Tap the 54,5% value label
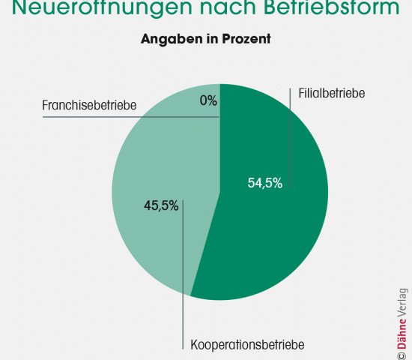coord(264,184)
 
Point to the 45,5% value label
coord(161,205)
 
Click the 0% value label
coord(208,100)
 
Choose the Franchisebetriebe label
coord(88,105)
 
